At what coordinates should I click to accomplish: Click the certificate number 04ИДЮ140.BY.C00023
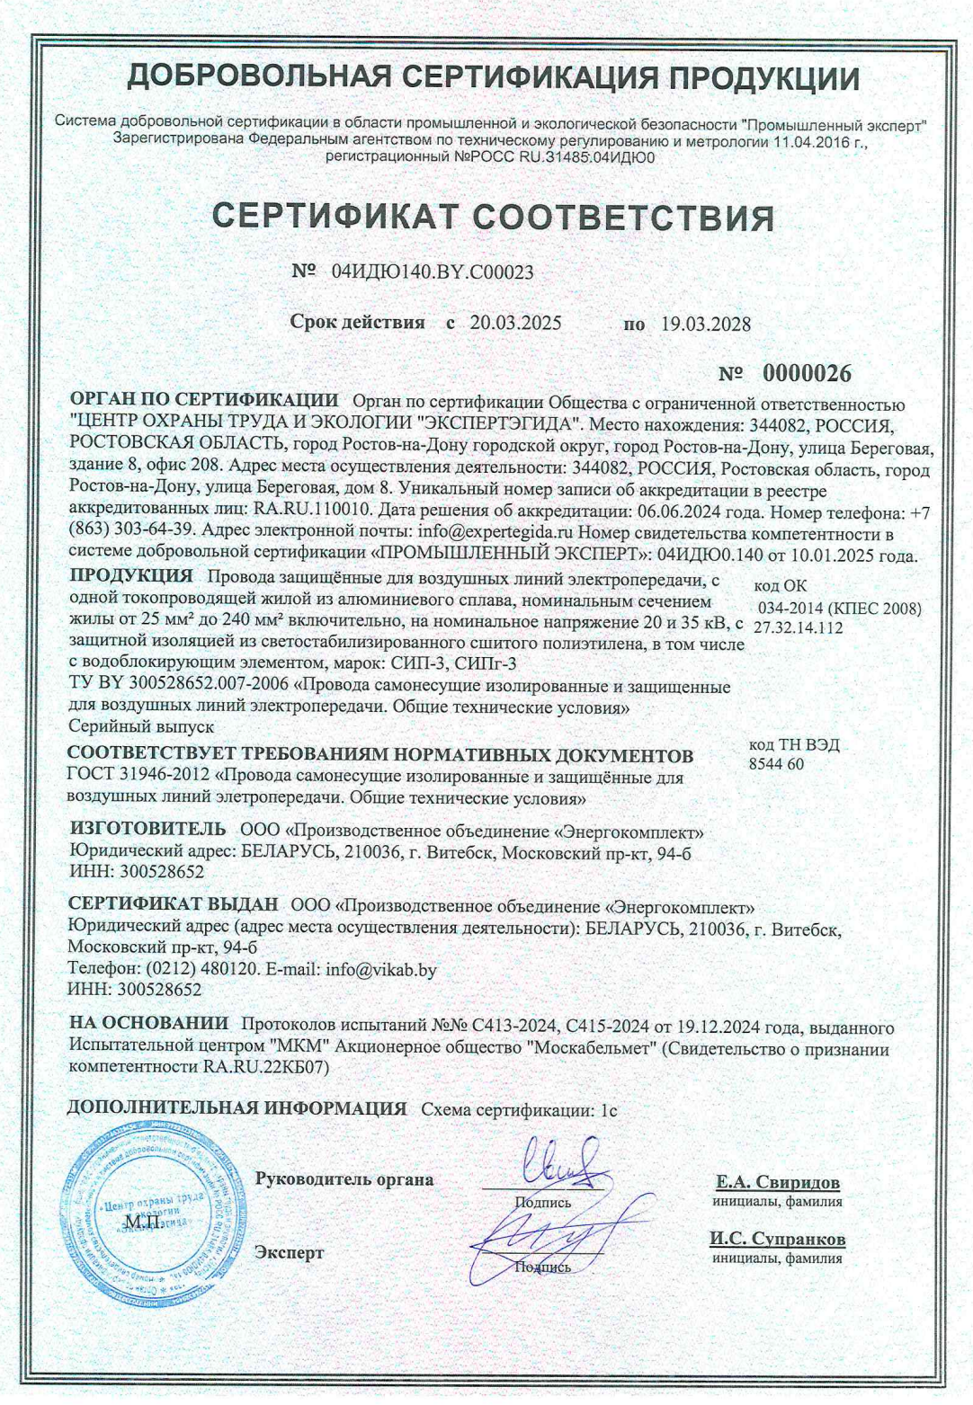[x=433, y=271]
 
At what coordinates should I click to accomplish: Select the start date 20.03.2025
[x=515, y=324]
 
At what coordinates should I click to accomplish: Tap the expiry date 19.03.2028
[x=706, y=325]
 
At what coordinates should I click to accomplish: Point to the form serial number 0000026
[x=807, y=373]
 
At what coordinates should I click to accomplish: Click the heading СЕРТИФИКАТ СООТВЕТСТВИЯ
[x=493, y=218]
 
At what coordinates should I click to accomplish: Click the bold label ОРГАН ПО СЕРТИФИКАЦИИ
[x=204, y=401]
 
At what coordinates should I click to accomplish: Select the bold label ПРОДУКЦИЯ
[x=131, y=576]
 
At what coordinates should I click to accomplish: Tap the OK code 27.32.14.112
[x=799, y=627]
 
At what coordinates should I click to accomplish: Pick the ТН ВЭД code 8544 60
[x=776, y=764]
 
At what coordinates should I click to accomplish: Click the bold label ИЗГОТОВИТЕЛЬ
[x=148, y=828]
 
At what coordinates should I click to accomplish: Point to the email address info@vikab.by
[x=381, y=970]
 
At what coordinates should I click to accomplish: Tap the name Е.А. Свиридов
[x=778, y=1182]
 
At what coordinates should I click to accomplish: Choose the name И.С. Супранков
[x=777, y=1239]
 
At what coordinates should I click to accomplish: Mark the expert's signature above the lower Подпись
[x=549, y=1230]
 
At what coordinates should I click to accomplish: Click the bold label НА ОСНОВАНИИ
[x=149, y=1023]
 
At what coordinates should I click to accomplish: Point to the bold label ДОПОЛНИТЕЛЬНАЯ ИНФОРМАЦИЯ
[x=237, y=1108]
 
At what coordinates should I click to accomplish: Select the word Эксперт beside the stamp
[x=290, y=1253]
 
